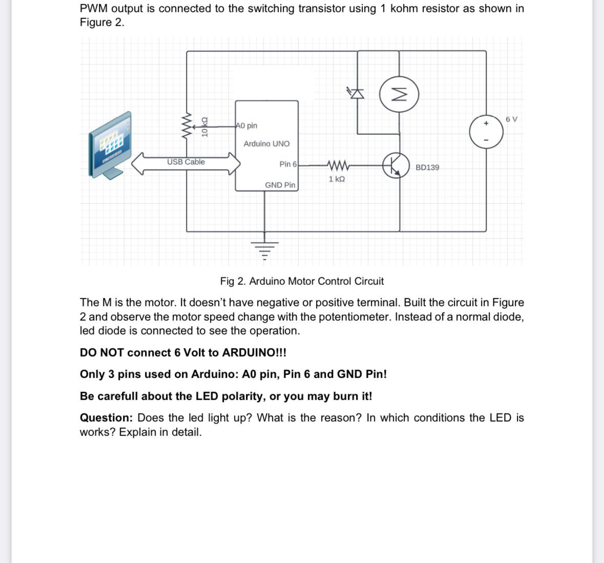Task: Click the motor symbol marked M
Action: pyautogui.click(x=399, y=95)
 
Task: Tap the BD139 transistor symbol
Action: pyautogui.click(x=396, y=165)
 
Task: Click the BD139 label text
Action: pyautogui.click(x=427, y=168)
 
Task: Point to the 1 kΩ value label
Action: pyautogui.click(x=337, y=179)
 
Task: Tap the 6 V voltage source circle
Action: pyautogui.click(x=486, y=132)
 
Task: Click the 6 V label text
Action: pyautogui.click(x=511, y=119)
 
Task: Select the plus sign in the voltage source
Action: pyautogui.click(x=486, y=123)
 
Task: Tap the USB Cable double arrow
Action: pyautogui.click(x=186, y=164)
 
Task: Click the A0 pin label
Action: pyautogui.click(x=247, y=126)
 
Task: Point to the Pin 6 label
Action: pyautogui.click(x=287, y=164)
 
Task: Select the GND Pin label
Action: pyautogui.click(x=280, y=185)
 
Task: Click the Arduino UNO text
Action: pyautogui.click(x=266, y=143)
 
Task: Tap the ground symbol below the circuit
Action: pyautogui.click(x=264, y=247)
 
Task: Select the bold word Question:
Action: pyautogui.click(x=106, y=418)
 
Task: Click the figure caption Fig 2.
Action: pyautogui.click(x=301, y=281)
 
